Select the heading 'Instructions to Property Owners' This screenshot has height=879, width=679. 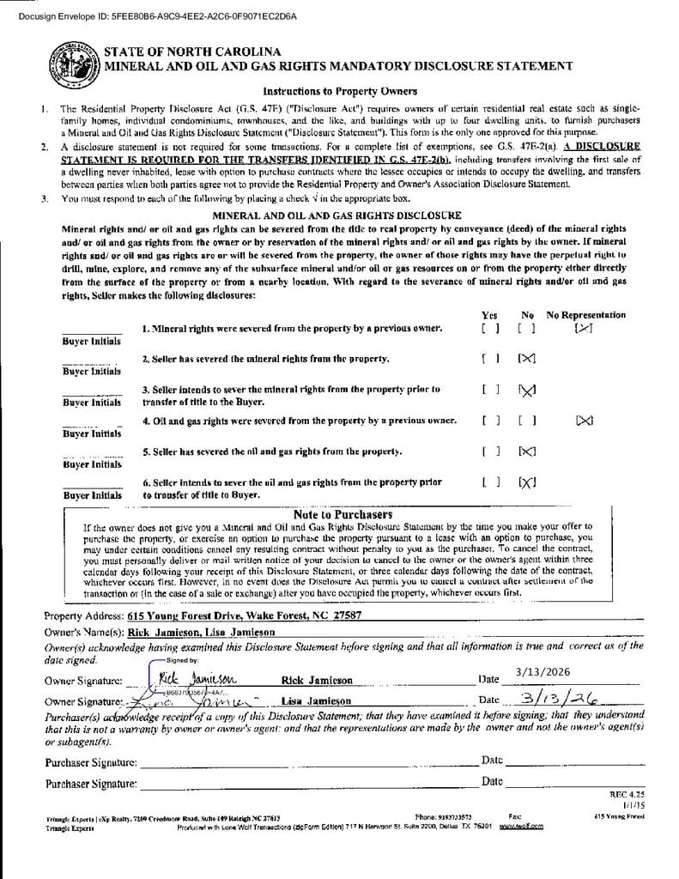coord(340,92)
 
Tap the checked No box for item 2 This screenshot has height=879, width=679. coord(527,357)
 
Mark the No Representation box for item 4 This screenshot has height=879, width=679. coord(585,421)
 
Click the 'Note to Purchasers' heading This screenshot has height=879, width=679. coord(343,514)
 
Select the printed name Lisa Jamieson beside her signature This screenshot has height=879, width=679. coord(317,701)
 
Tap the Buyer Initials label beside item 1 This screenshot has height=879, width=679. coord(92,341)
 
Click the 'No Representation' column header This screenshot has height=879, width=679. coord(586,315)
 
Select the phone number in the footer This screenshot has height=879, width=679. coord(443,816)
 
